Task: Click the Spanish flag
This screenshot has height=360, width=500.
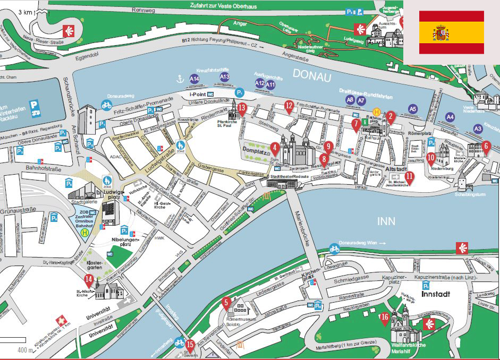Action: tap(451, 32)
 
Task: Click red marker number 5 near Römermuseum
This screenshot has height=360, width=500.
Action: tap(226, 304)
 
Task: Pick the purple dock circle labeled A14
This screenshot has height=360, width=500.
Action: tap(194, 79)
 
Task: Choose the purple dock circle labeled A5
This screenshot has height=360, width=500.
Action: tap(412, 109)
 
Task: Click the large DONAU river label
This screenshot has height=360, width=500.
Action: tap(311, 76)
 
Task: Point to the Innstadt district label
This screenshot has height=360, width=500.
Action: tap(436, 293)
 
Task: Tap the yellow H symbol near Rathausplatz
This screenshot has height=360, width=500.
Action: tap(377, 112)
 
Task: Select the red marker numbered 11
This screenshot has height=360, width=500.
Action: tap(409, 177)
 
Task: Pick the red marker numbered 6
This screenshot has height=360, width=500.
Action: tap(486, 145)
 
